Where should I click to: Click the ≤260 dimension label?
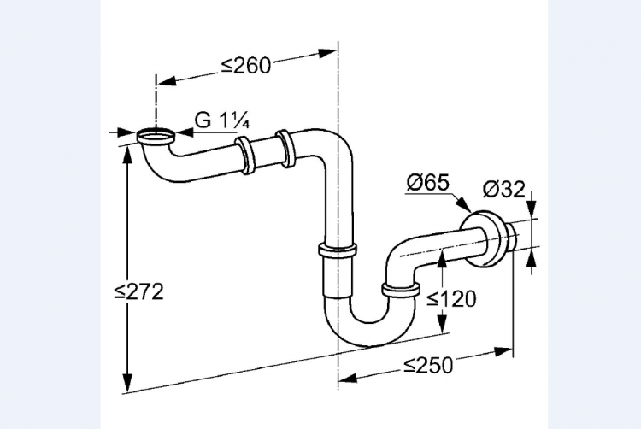[x=246, y=66]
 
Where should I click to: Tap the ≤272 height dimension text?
[x=139, y=291]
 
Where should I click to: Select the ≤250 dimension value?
[x=428, y=365]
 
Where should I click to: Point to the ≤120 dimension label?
[x=451, y=298]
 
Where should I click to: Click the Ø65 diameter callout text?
[x=428, y=182]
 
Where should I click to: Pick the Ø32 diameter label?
[x=503, y=189]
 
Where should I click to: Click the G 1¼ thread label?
[x=222, y=120]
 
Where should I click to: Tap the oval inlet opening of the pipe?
[x=156, y=134]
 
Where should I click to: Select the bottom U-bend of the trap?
[x=370, y=323]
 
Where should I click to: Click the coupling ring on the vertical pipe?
[x=338, y=250]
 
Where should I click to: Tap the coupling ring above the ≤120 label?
[x=401, y=289]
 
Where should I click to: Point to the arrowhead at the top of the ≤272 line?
[x=128, y=154]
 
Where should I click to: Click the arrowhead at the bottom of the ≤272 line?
[x=128, y=382]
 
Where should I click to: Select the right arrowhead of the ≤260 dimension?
[x=327, y=53]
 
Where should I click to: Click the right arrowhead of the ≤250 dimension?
[x=503, y=351]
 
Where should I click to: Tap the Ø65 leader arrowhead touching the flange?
[x=464, y=205]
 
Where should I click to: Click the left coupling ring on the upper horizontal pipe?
[x=245, y=156]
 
